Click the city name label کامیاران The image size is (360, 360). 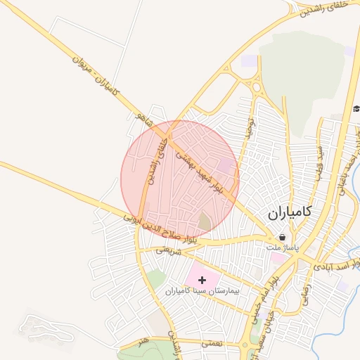290,212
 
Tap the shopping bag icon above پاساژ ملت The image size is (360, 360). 282,238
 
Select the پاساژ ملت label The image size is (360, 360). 283,248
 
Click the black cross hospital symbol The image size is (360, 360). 203,279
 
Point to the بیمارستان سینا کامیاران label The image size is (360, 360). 203,290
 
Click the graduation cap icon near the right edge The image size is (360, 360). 356,108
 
